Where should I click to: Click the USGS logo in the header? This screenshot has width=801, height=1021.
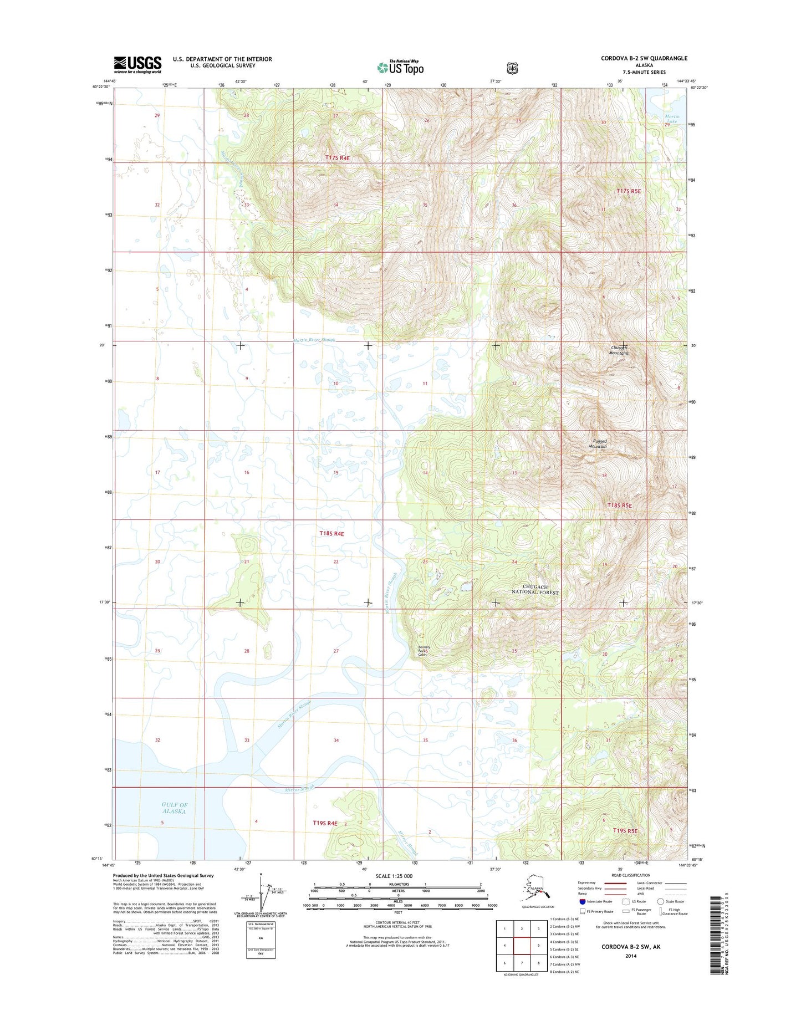pyautogui.click(x=137, y=64)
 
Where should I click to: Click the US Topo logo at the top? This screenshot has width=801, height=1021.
pyautogui.click(x=400, y=68)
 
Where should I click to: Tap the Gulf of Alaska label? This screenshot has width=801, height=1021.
pyautogui.click(x=174, y=808)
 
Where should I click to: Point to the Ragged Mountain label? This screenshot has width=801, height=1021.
pyautogui.click(x=598, y=443)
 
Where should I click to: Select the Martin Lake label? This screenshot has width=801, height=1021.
pyautogui.click(x=672, y=119)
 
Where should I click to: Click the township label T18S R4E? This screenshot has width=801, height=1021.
pyautogui.click(x=331, y=534)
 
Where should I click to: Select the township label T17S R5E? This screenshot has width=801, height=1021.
pyautogui.click(x=629, y=191)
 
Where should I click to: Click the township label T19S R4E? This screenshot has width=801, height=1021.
pyautogui.click(x=325, y=823)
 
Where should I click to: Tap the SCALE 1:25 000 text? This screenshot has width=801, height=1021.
pyautogui.click(x=394, y=876)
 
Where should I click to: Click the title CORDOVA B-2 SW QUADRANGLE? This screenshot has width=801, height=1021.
pyautogui.click(x=644, y=58)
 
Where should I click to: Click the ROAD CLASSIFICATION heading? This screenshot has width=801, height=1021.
pyautogui.click(x=630, y=875)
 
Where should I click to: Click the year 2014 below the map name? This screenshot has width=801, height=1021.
pyautogui.click(x=631, y=956)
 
